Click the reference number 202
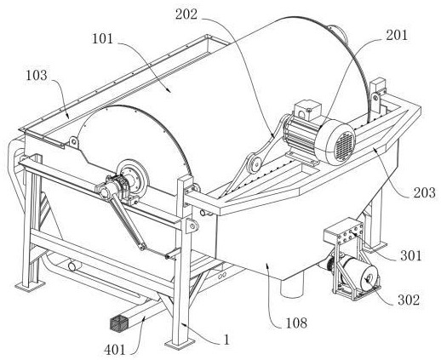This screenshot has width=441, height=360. click(186, 14)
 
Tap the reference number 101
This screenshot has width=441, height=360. click(102, 38)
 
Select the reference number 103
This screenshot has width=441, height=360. click(37, 75)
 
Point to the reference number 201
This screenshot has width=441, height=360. click(397, 35)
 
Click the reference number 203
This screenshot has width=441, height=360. click(424, 193)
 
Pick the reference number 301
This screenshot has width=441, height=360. click(411, 255)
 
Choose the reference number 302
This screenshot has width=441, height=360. click(409, 300)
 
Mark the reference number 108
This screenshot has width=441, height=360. click(296, 323)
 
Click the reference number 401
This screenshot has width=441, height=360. click(115, 350)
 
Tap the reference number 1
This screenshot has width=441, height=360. click(226, 340)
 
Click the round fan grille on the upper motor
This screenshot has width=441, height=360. click(345, 146)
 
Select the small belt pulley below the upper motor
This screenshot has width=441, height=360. click(255, 163)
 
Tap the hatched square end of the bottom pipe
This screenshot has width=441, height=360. click(118, 323)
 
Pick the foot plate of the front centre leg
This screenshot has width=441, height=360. click(180, 344)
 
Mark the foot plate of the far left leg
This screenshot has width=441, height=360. click(30, 285)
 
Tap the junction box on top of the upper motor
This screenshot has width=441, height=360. click(307, 110)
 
